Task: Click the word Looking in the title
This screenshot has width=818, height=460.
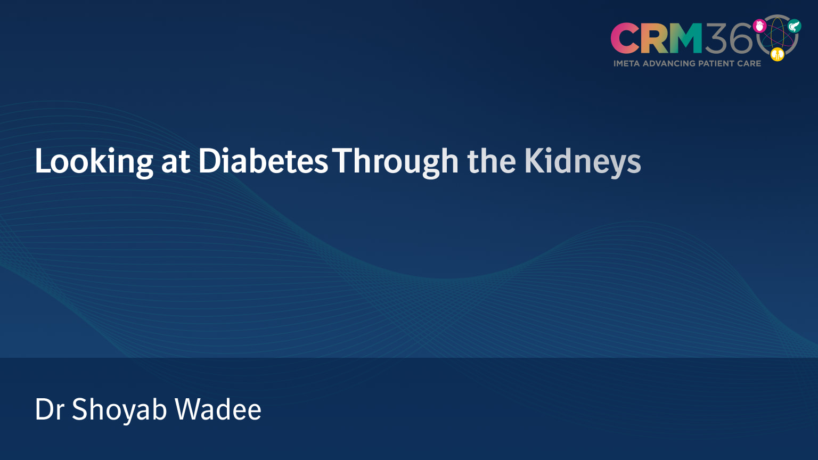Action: click(x=94, y=161)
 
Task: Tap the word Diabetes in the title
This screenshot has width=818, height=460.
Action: click(x=263, y=161)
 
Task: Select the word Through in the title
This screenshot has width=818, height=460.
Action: click(x=395, y=161)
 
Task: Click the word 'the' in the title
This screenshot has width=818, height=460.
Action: click(x=491, y=161)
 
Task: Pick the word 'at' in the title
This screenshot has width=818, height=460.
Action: click(x=175, y=161)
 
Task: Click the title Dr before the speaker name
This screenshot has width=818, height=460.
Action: click(x=49, y=409)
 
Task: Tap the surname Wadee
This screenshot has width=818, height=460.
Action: click(x=218, y=409)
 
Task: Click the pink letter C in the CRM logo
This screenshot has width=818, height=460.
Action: click(x=625, y=38)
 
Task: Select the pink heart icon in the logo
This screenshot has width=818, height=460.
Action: click(x=759, y=26)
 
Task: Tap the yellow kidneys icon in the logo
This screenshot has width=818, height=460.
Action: click(x=778, y=54)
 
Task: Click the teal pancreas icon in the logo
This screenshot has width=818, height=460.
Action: click(x=794, y=26)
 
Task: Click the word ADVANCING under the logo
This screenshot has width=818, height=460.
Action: click(x=669, y=63)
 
